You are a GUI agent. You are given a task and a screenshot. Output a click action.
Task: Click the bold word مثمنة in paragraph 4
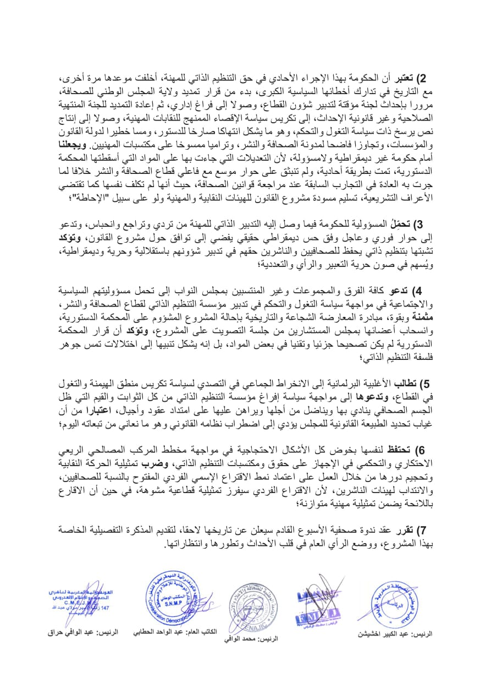pyautogui.click(x=422, y=318)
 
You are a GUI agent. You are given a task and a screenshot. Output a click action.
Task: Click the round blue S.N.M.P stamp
pyautogui.click(x=170, y=597)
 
